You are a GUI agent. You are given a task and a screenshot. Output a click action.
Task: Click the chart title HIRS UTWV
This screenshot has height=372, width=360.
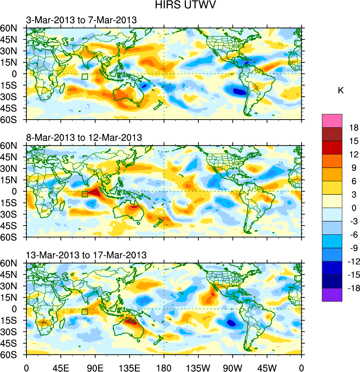click(180, 5)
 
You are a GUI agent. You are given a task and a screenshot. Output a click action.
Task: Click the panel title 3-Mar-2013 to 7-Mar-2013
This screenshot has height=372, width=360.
click(81, 20)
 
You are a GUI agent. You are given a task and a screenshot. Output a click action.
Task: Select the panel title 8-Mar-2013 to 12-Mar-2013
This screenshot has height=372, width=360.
click(84, 138)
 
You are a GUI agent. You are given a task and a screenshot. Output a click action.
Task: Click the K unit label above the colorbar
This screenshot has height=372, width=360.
click(341, 91)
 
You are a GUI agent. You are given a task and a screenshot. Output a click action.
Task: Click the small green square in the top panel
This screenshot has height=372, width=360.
click(85, 77)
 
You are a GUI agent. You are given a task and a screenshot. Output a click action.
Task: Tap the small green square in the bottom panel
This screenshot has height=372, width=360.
click(85, 312)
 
